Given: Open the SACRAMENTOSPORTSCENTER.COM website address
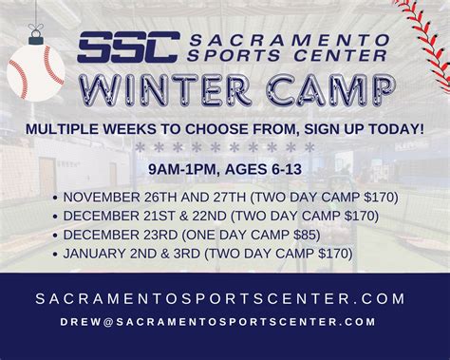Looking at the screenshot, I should (224, 298).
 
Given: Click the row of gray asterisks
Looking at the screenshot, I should (224, 148).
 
